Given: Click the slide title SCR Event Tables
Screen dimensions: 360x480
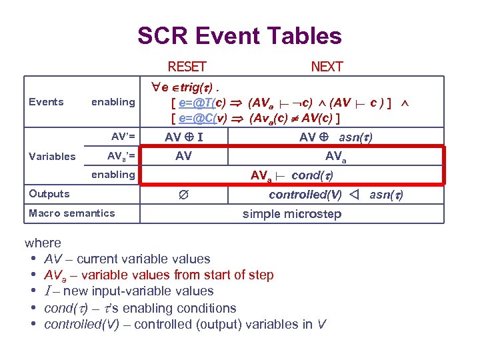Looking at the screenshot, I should click(x=239, y=36).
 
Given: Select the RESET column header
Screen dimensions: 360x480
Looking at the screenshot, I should click(x=187, y=67).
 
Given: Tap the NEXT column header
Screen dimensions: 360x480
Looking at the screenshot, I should click(x=327, y=67).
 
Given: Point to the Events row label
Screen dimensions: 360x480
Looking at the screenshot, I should click(x=47, y=102).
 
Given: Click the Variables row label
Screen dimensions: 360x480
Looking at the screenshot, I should click(x=52, y=157).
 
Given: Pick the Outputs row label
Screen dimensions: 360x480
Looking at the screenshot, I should click(x=49, y=194).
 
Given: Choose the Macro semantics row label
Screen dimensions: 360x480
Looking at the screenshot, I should click(x=72, y=213).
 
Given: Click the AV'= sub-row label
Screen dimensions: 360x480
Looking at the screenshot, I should click(x=123, y=137).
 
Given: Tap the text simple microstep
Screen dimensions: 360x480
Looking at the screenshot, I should click(x=292, y=213).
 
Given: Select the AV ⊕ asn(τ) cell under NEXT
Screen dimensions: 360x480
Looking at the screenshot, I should click(x=336, y=137).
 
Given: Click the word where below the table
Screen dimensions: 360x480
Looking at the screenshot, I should click(x=43, y=243).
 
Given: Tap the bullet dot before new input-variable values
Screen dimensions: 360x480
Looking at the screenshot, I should click(x=32, y=291).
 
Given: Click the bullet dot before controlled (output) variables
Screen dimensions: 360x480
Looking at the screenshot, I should click(x=32, y=325).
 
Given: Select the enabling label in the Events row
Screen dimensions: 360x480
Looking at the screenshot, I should click(x=113, y=102).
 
